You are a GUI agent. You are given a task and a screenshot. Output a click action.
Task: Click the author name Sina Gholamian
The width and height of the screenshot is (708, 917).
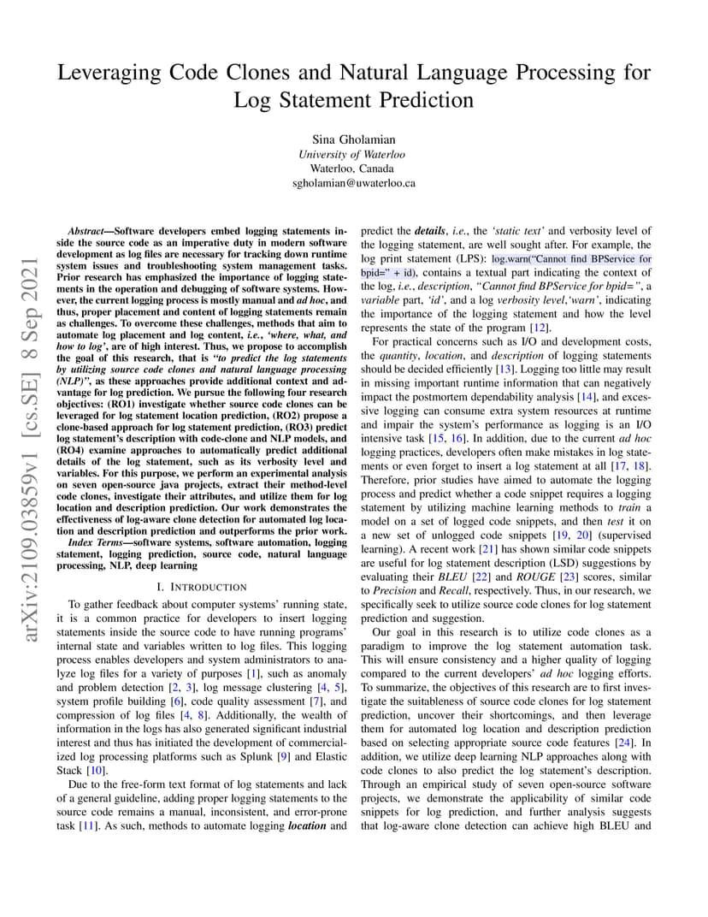click(x=353, y=139)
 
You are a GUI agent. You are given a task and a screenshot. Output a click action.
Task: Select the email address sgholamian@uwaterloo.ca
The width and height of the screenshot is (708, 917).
click(x=353, y=182)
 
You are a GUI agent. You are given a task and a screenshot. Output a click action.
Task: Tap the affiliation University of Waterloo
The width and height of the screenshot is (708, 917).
click(x=353, y=154)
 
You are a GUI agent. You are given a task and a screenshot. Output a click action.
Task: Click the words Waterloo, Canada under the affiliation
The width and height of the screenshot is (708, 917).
click(x=353, y=169)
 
